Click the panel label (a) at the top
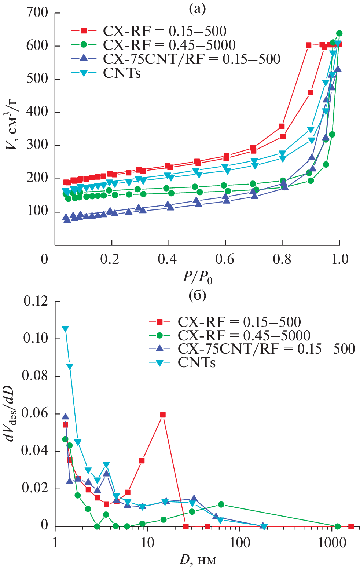[x=197, y=8]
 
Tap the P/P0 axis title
[x=198, y=277]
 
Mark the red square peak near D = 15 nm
[x=163, y=415]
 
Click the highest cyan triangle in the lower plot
[x=65, y=329]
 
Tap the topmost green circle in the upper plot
[x=339, y=33]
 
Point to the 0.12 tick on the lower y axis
[x=36, y=301]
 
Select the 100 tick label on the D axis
[x=240, y=543]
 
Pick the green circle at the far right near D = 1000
[x=338, y=526]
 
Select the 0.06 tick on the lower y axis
[x=36, y=413]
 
